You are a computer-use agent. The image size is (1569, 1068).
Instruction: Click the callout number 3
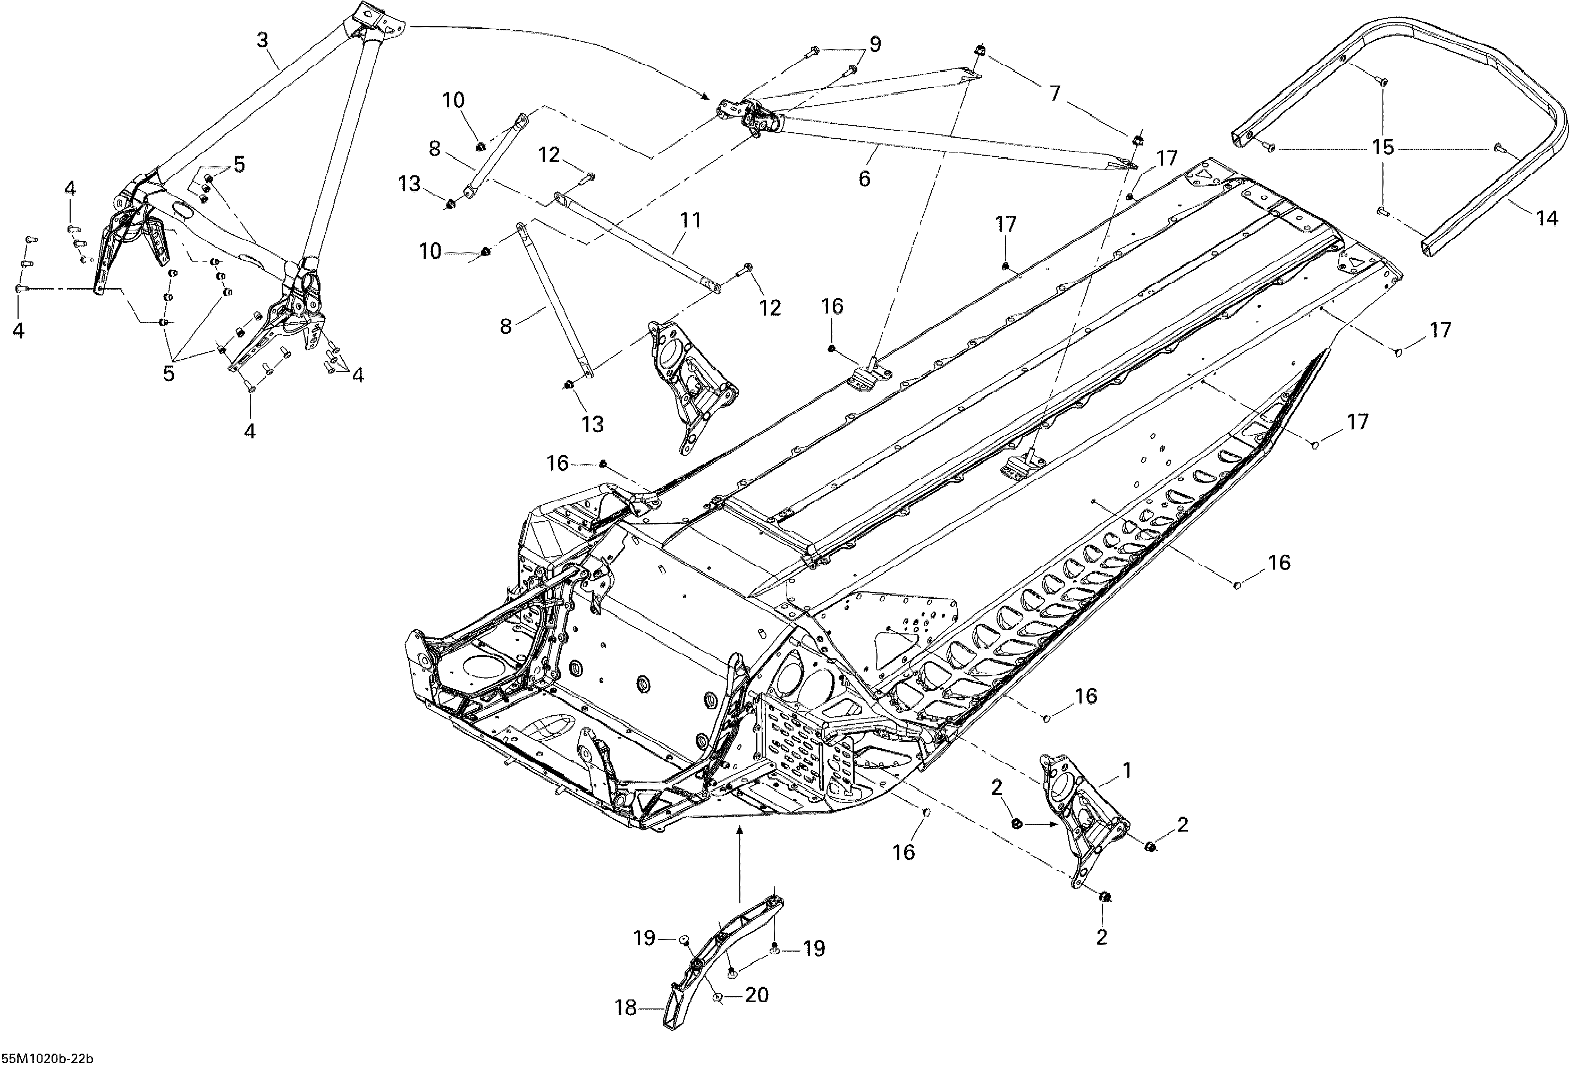(263, 40)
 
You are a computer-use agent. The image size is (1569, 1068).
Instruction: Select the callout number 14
(1547, 218)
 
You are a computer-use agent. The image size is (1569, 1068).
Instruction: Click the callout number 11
(690, 220)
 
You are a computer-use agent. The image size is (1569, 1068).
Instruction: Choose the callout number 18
(626, 1027)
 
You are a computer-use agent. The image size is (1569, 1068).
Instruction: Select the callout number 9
(875, 45)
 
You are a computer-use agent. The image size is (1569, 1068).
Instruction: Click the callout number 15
(1384, 147)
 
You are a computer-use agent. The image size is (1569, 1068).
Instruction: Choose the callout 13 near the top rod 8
(409, 184)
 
